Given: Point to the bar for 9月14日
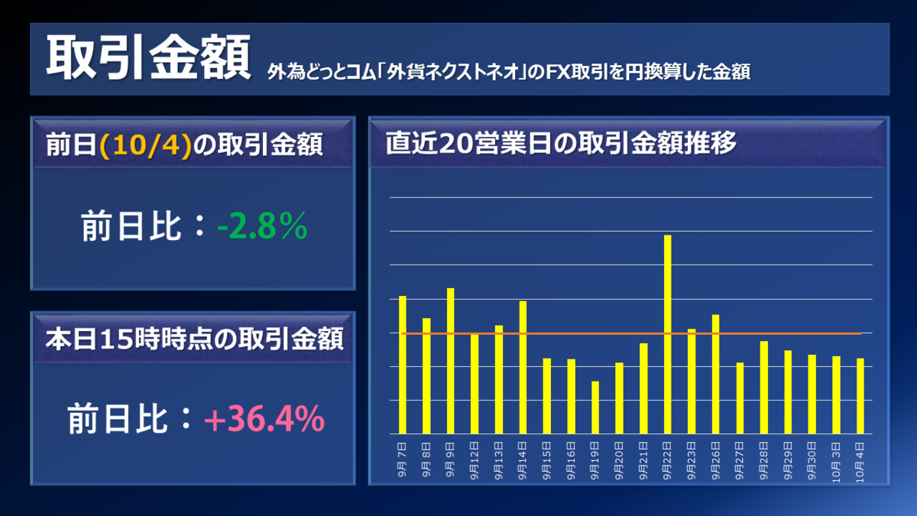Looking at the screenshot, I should point(523,367).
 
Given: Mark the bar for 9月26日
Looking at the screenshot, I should point(716,374).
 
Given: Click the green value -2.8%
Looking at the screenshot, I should point(261,227).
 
